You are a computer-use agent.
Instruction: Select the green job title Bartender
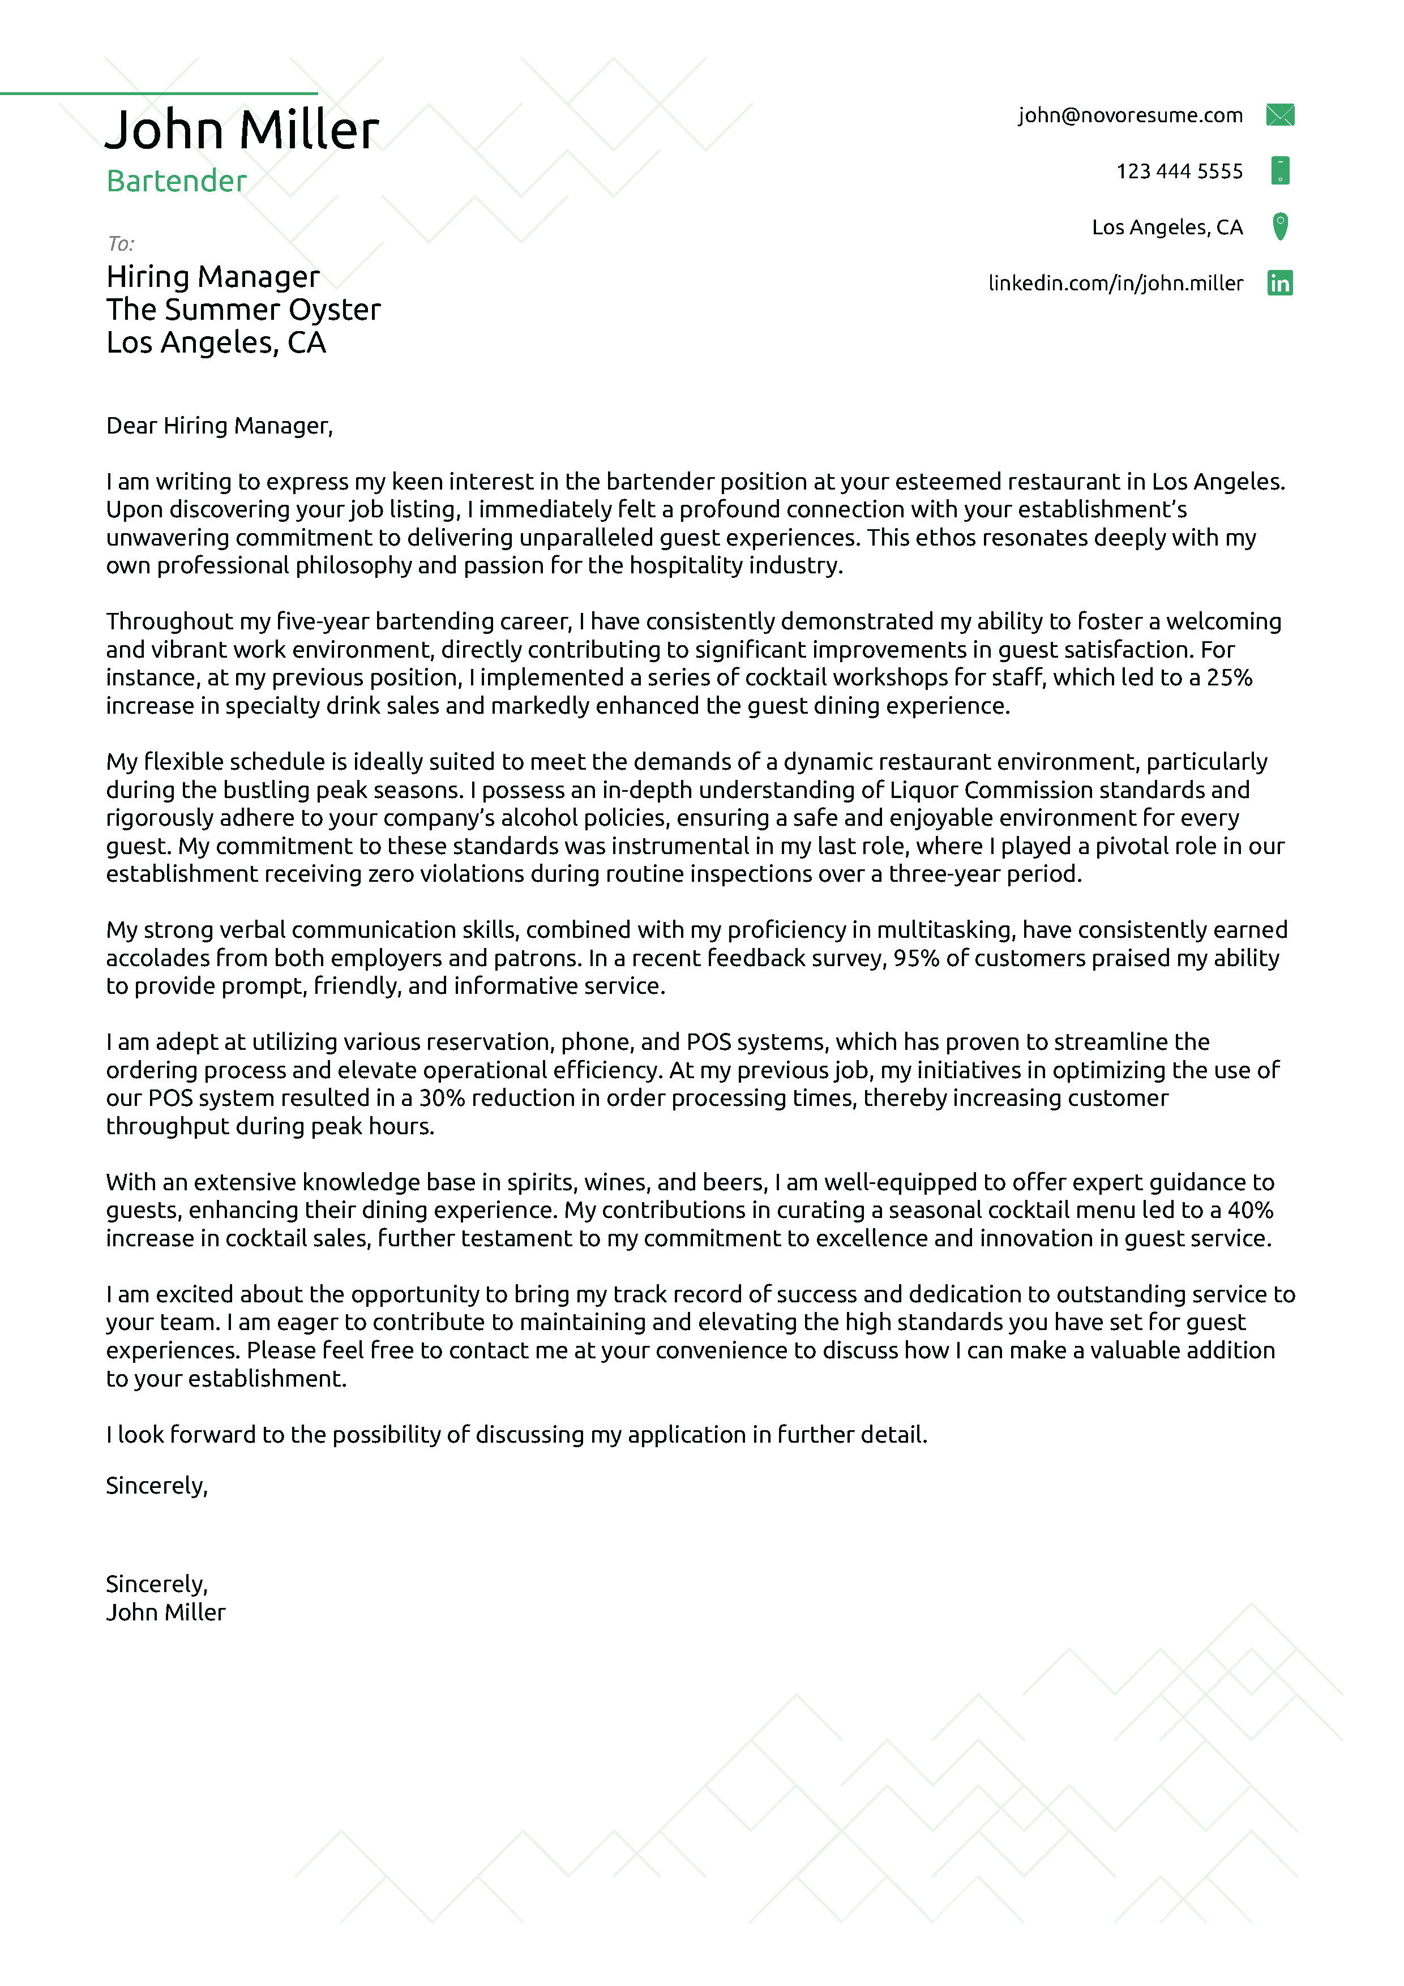[177, 181]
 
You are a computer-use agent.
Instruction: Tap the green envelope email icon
[1279, 115]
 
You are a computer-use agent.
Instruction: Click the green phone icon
[1279, 170]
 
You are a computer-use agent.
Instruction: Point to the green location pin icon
[1280, 226]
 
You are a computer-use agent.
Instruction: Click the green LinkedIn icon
[1279, 283]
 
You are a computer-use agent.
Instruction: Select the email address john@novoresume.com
[1130, 115]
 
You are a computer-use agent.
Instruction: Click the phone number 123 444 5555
[1179, 171]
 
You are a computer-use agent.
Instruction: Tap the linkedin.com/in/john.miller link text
[1115, 283]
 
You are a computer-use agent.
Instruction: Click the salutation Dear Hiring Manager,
[219, 426]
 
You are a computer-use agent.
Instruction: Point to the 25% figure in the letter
[1229, 677]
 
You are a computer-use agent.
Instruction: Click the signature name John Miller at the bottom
[165, 1612]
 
